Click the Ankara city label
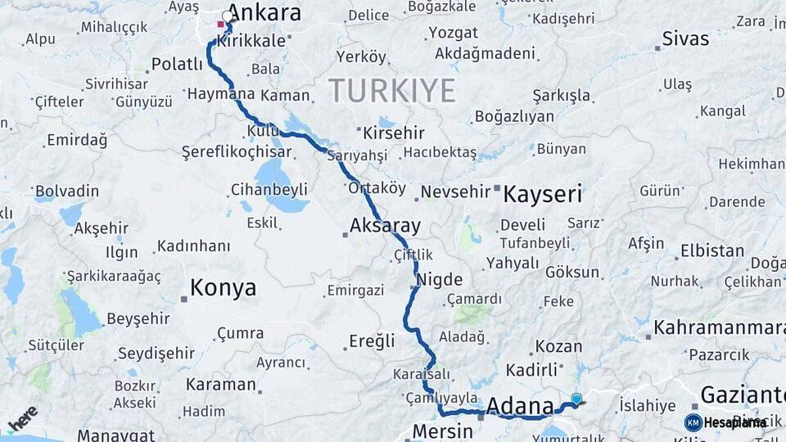[264, 13]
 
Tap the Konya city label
[223, 288]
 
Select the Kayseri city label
[542, 195]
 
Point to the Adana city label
[520, 406]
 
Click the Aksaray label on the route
[385, 225]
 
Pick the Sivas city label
[685, 38]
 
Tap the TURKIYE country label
[392, 90]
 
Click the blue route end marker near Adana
[576, 399]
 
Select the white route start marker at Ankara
[228, 16]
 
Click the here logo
[23, 418]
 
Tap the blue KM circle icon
[693, 422]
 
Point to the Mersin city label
[443, 431]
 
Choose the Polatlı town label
[177, 64]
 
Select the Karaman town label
[221, 384]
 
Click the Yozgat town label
[453, 34]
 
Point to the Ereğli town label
[372, 341]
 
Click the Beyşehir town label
[138, 318]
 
